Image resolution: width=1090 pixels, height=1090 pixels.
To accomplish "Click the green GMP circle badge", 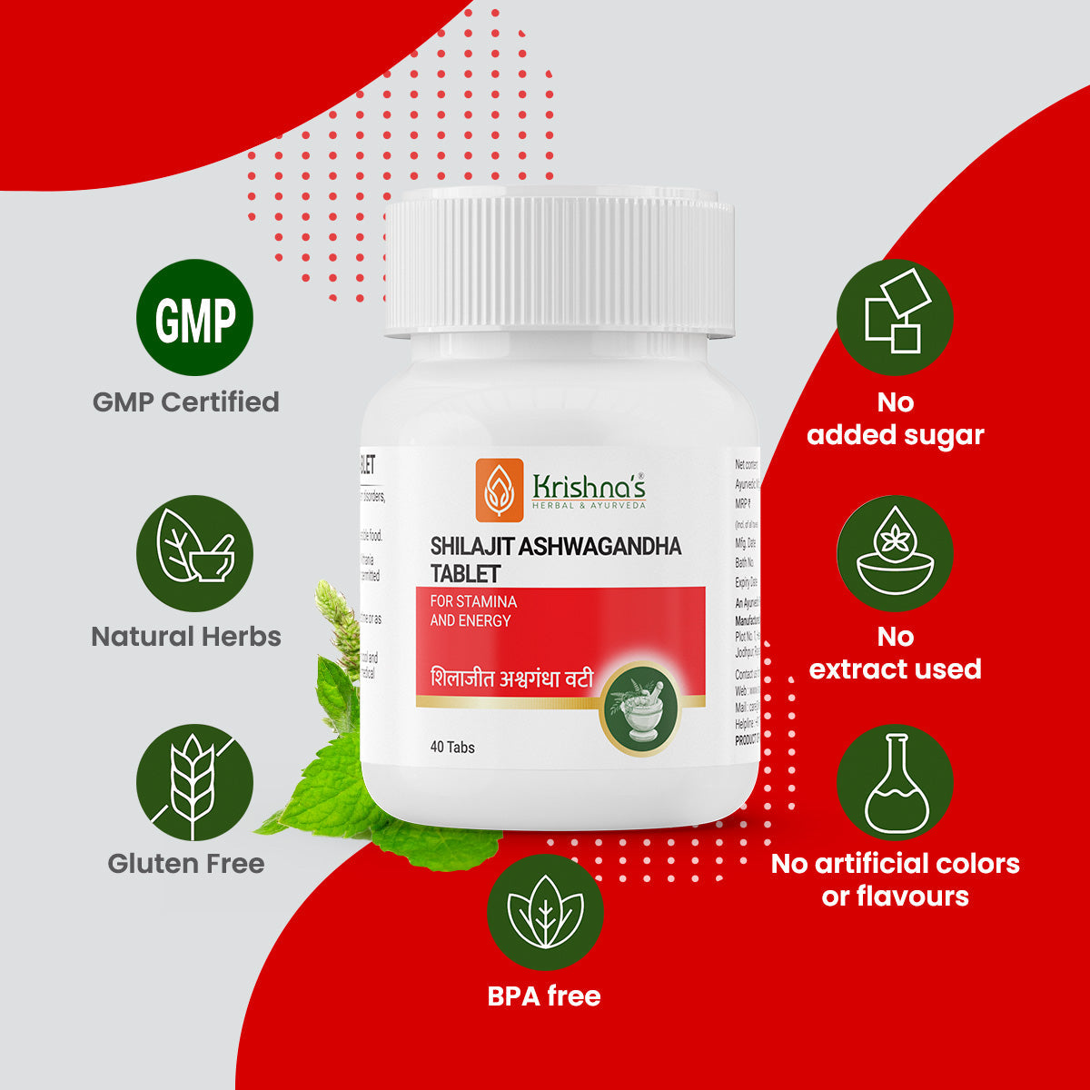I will coord(194,318).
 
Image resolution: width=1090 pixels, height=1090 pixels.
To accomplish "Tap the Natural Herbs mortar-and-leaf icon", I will coord(194,553).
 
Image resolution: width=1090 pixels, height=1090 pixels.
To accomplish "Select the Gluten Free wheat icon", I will coord(194,782).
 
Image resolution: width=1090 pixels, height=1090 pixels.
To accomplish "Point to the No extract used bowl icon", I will coord(895,553).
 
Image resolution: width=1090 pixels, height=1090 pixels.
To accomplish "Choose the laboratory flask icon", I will coord(895,782).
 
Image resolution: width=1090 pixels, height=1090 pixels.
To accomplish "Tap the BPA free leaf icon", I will coord(545,911).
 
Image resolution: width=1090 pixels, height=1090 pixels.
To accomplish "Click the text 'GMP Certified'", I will coord(186,401).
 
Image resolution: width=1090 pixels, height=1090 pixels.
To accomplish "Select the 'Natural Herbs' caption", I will coord(186,636).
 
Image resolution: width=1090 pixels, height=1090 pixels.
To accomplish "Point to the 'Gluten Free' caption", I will coord(186,863).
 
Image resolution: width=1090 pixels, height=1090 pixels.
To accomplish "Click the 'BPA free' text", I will coord(544,996).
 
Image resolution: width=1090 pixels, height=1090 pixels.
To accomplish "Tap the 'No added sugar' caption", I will coord(895,419).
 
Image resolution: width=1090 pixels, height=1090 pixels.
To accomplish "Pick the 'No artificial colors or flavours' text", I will coord(895,879).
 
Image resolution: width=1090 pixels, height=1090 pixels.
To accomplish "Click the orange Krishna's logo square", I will coord(500,490).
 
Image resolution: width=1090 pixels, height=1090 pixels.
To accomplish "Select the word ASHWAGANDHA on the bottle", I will coord(600,546).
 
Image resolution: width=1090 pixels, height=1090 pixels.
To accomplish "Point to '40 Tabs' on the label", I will coord(452,747).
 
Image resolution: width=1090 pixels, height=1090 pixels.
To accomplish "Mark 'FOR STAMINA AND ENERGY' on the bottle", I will coord(473,611).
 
